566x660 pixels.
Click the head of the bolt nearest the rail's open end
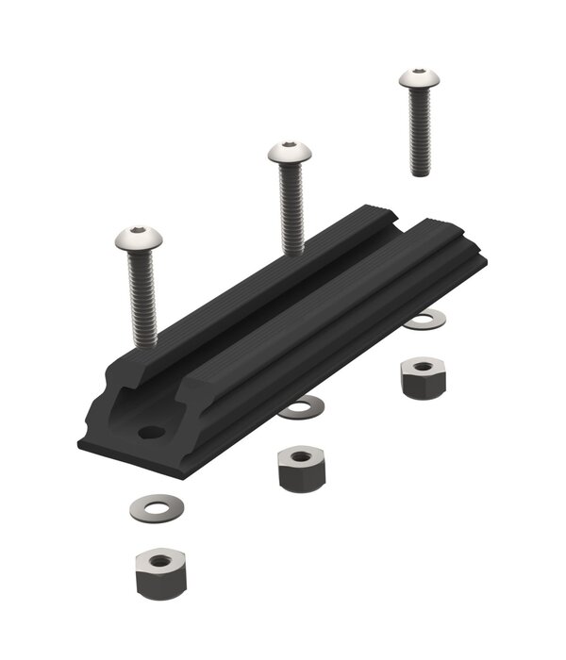[x=139, y=239]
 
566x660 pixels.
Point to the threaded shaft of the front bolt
[x=141, y=292]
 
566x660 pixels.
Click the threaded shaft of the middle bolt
[x=291, y=207]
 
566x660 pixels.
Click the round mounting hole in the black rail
[x=150, y=433]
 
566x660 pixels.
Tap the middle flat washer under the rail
[x=302, y=408]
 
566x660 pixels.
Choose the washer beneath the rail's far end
[x=425, y=321]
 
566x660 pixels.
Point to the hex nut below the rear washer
[x=423, y=376]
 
